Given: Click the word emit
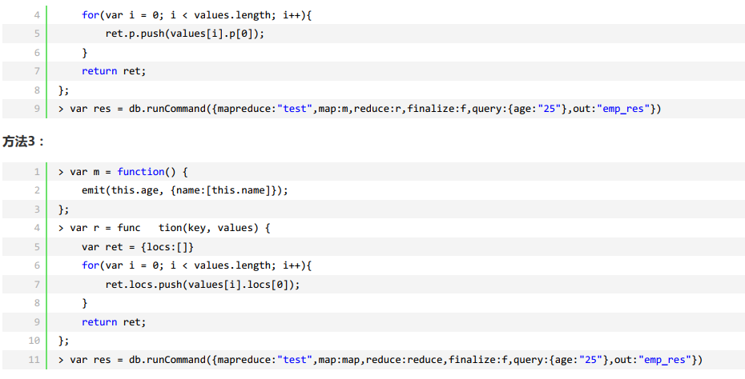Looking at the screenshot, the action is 93,190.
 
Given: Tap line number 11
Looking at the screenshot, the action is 34,360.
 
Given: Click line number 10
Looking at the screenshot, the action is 34,341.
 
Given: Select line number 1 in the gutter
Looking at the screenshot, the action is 37,172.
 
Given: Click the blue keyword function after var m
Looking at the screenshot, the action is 140,172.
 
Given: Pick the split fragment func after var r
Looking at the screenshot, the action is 128,228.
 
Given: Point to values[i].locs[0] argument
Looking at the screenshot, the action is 249,285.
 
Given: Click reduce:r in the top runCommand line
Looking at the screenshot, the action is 378,109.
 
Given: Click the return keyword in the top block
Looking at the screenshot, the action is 99,71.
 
